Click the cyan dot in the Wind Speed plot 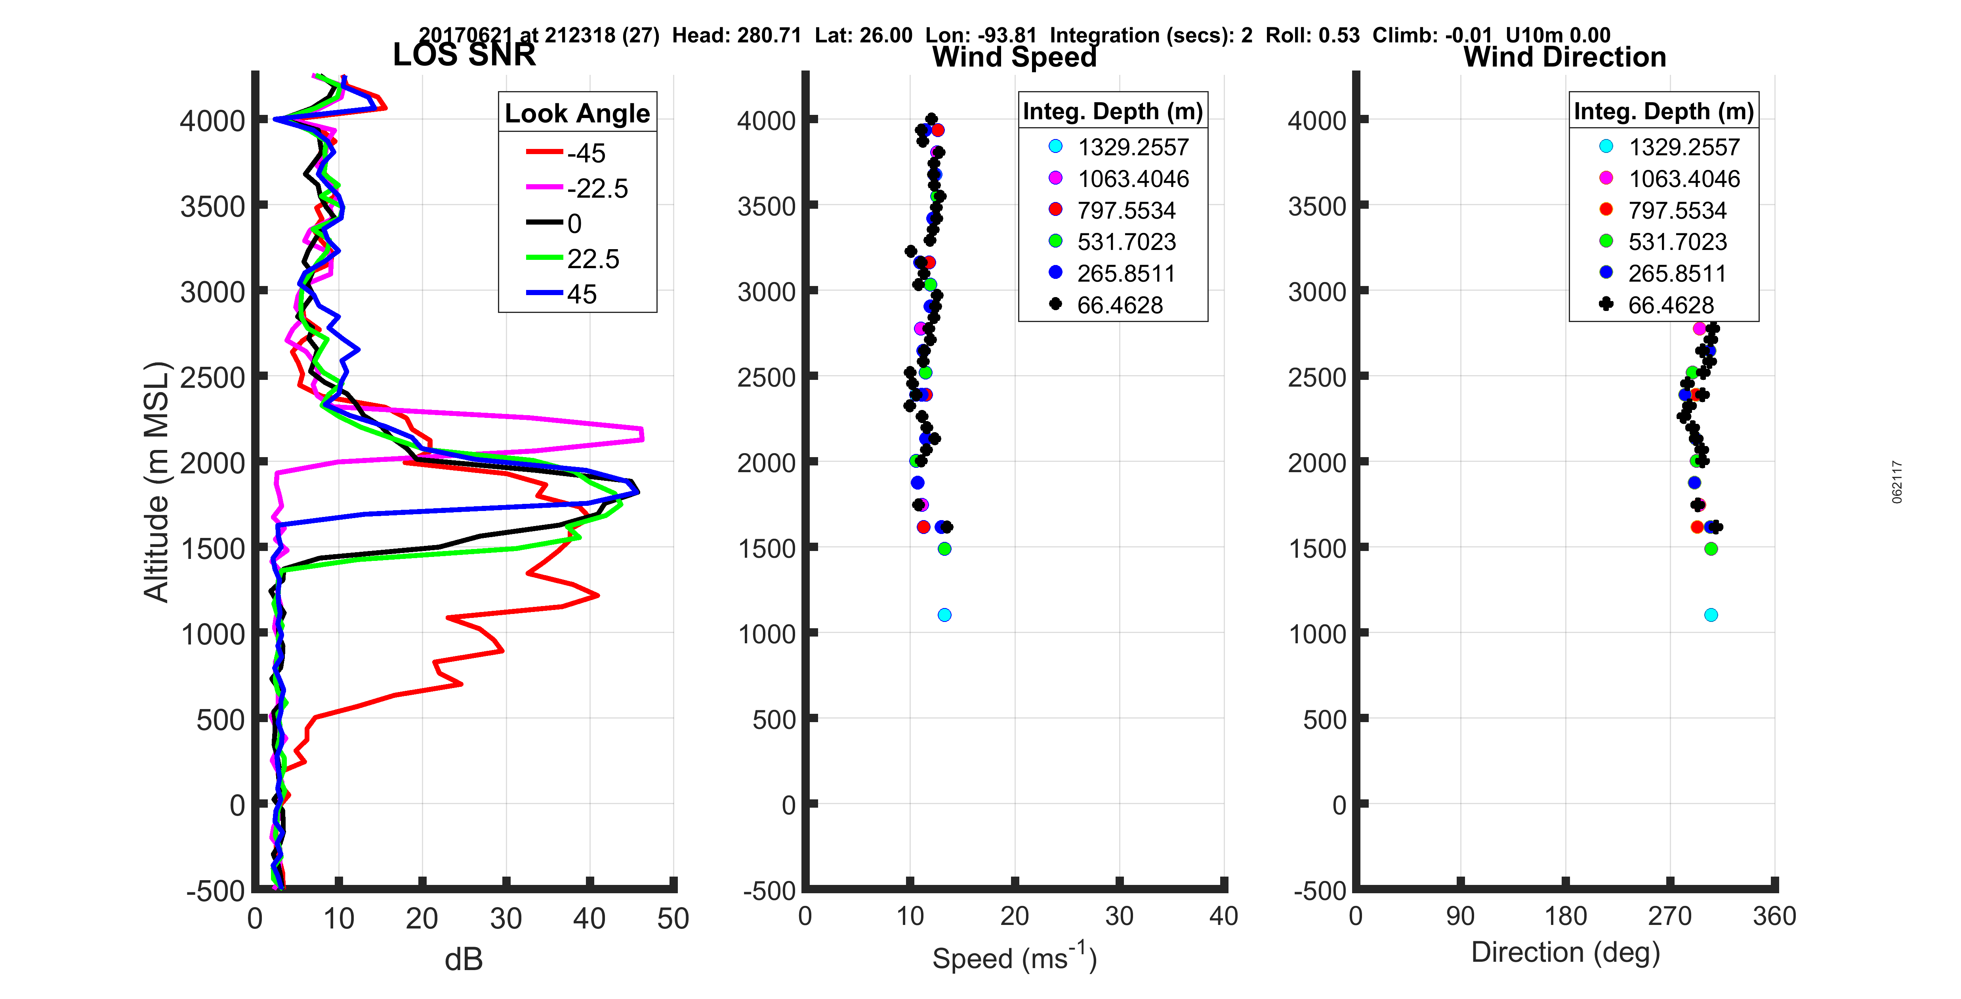(944, 614)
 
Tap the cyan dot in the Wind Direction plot (1711, 614)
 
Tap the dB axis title (464, 959)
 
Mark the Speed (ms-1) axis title (1014, 958)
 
